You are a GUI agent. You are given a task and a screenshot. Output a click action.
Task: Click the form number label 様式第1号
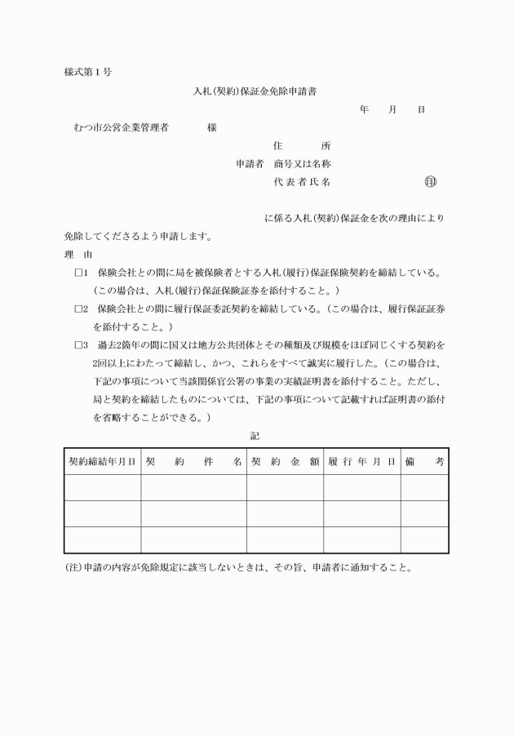point(87,72)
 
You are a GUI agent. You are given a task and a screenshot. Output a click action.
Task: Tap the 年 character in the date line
point(364,109)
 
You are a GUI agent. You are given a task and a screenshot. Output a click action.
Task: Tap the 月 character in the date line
point(392,109)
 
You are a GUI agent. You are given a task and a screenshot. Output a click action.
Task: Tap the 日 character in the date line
point(421,109)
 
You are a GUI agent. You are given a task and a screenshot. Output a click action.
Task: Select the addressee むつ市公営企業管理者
point(121,128)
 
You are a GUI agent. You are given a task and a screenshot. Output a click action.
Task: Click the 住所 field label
point(302,146)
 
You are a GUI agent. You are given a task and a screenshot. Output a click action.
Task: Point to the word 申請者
point(250,164)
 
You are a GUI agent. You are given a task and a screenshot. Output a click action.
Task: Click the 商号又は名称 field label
point(302,164)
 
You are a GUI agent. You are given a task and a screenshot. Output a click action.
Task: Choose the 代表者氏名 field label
point(302,182)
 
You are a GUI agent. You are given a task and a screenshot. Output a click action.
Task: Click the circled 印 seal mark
point(431,182)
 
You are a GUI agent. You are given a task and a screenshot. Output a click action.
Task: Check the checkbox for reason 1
point(80,273)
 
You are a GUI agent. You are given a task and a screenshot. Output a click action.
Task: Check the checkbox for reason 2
point(80,309)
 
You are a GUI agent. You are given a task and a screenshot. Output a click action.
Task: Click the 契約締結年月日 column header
point(102,462)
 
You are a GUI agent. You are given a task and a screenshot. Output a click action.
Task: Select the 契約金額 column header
point(285,462)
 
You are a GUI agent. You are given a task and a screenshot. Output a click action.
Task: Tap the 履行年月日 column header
point(361,462)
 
